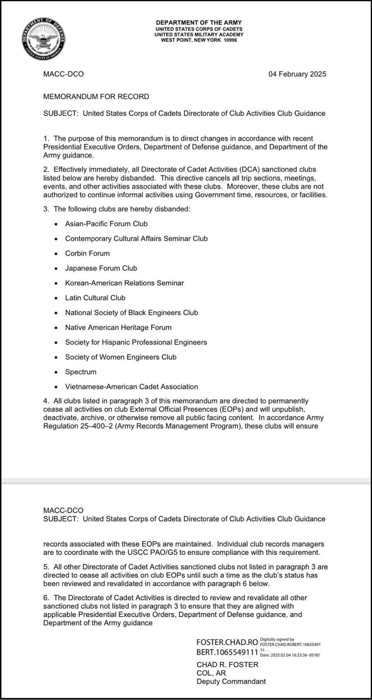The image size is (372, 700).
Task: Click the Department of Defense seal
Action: [x=44, y=39]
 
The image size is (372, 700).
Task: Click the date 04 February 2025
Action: [x=297, y=74]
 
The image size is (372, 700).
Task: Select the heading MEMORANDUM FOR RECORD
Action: [x=96, y=96]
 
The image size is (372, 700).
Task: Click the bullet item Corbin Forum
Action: [x=87, y=253]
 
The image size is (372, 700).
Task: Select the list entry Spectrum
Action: [x=81, y=372]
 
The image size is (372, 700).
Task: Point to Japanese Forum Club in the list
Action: [x=101, y=268]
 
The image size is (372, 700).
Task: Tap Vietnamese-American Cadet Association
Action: [x=131, y=386]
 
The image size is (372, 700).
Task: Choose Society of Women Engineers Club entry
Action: [x=121, y=357]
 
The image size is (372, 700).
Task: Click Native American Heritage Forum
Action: [x=118, y=327]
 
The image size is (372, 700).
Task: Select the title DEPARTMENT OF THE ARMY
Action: [x=199, y=23]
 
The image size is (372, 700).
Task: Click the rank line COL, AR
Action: [x=211, y=673]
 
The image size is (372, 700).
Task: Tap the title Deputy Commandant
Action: [x=231, y=681]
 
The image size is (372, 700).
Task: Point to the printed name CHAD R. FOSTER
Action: [x=227, y=664]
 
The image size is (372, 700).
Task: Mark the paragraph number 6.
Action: [x=46, y=598]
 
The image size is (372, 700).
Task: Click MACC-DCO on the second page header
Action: [x=63, y=510]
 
